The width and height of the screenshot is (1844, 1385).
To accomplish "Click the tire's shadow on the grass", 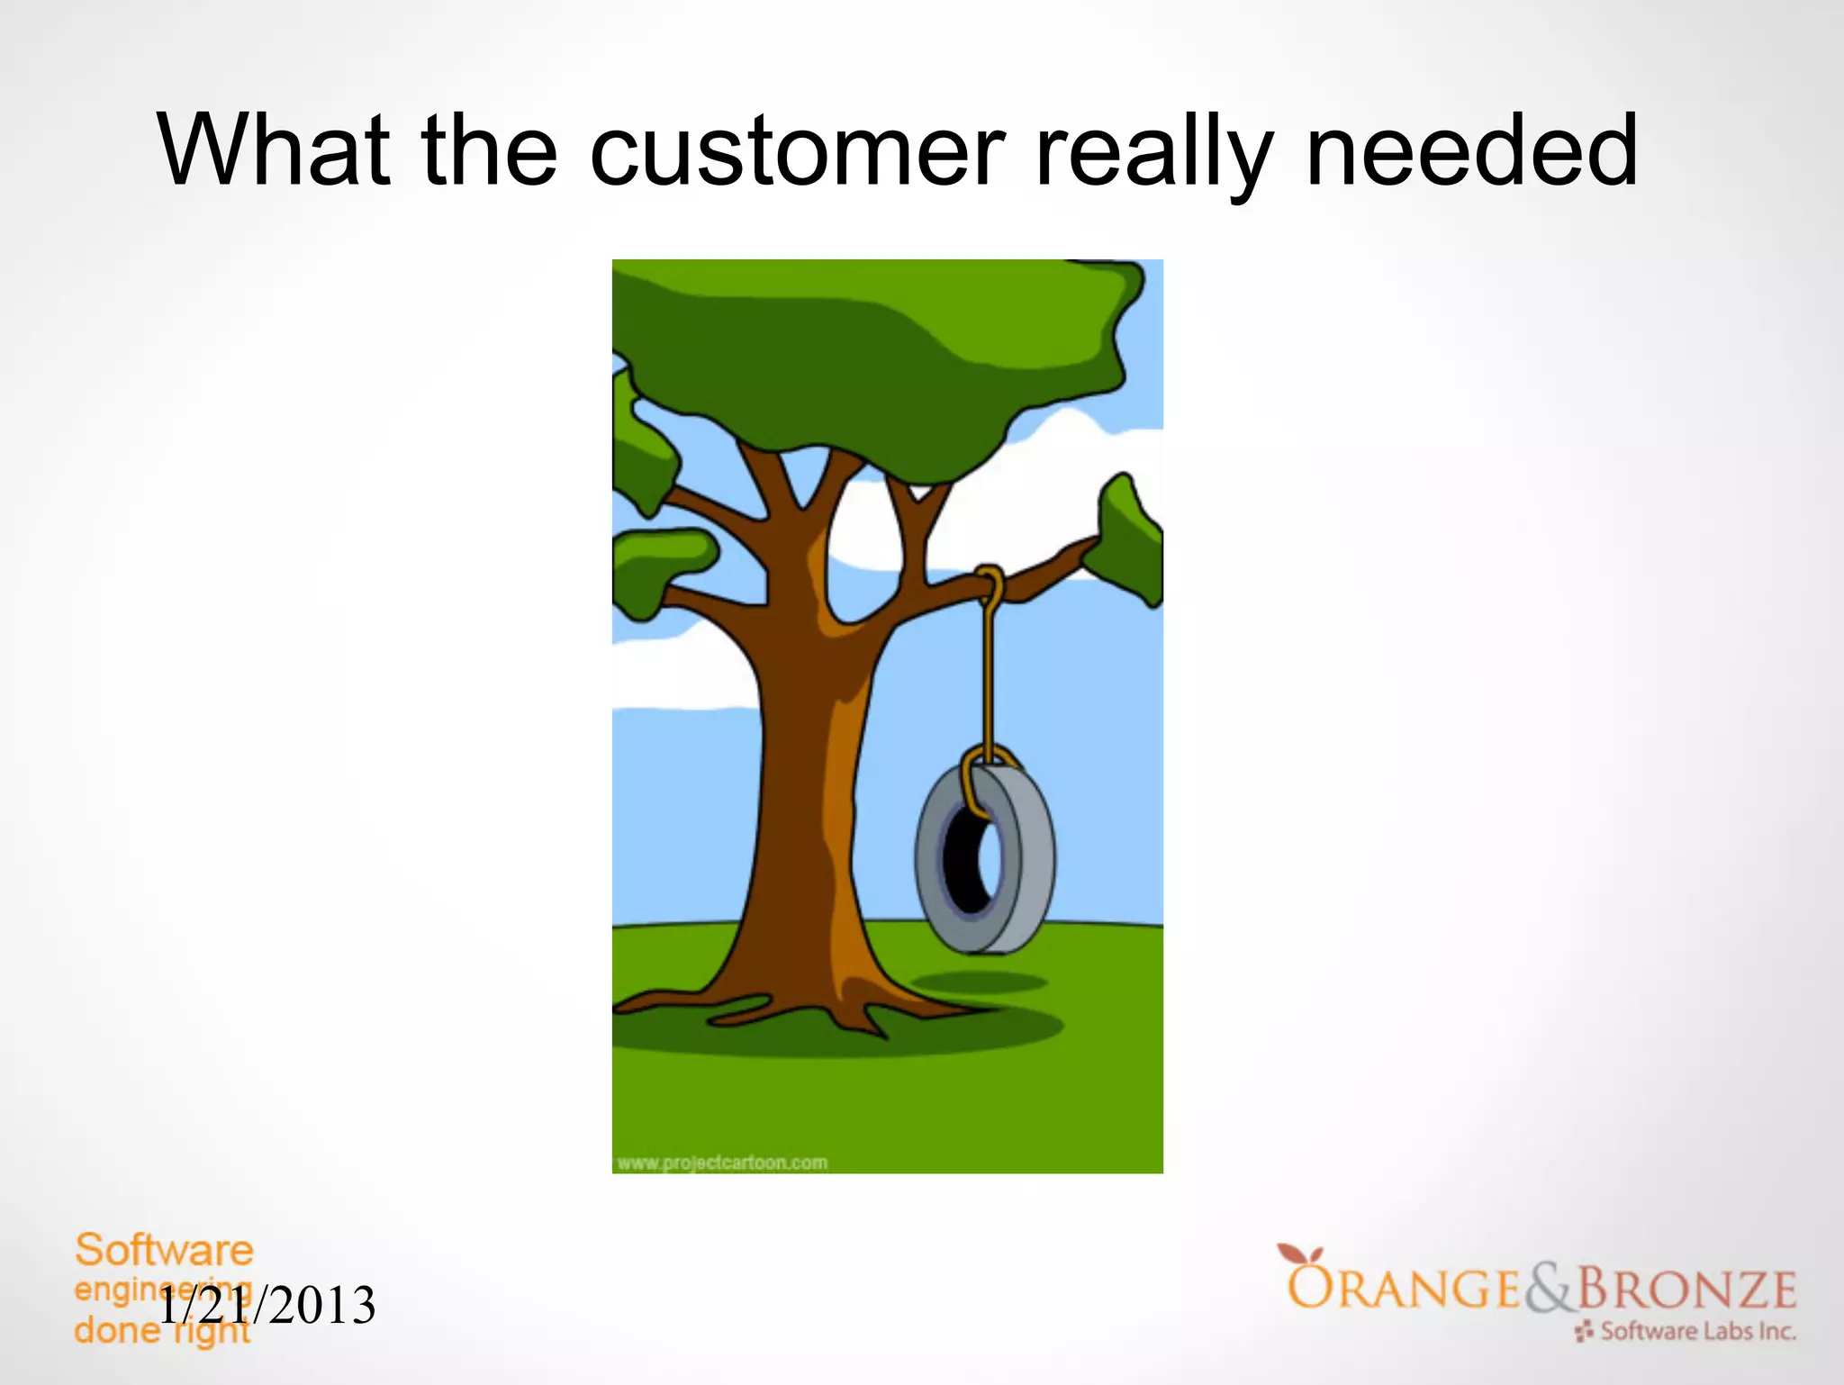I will [979, 982].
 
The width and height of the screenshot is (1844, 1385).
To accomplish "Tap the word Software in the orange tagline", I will [164, 1251].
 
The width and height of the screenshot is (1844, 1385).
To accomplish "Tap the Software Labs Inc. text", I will [1696, 1331].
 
